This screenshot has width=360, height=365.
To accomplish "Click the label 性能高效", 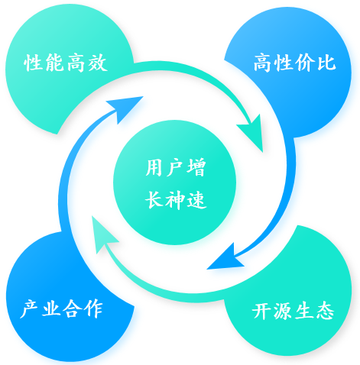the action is (x=66, y=63).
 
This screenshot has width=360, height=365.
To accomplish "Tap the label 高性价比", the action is (x=294, y=63).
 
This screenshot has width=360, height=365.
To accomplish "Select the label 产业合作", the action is (x=61, y=309).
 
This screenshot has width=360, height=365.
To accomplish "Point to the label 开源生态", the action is (x=293, y=311).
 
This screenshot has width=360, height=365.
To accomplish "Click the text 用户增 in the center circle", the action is (x=176, y=167).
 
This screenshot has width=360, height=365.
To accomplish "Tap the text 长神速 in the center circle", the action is (x=176, y=200).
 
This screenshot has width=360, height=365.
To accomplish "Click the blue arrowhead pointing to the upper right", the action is (x=125, y=108).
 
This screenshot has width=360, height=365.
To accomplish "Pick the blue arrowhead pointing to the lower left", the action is (x=225, y=257).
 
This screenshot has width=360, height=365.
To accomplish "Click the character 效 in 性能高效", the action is (x=98, y=63).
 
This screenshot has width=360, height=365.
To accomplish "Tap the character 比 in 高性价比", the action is (x=326, y=63).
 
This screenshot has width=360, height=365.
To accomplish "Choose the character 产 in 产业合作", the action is (x=29, y=309).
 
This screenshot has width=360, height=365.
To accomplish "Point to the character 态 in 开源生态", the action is (x=325, y=311).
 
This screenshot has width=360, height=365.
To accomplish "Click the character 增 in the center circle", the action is (x=196, y=167).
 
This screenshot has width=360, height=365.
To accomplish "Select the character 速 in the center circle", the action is (x=196, y=200).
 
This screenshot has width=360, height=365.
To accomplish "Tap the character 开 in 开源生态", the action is (x=261, y=311).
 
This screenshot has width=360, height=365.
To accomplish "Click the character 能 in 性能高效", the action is (x=54, y=63).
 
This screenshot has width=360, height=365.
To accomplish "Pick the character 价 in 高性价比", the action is (x=305, y=63).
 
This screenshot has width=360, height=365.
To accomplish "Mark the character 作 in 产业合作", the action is (x=94, y=309).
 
